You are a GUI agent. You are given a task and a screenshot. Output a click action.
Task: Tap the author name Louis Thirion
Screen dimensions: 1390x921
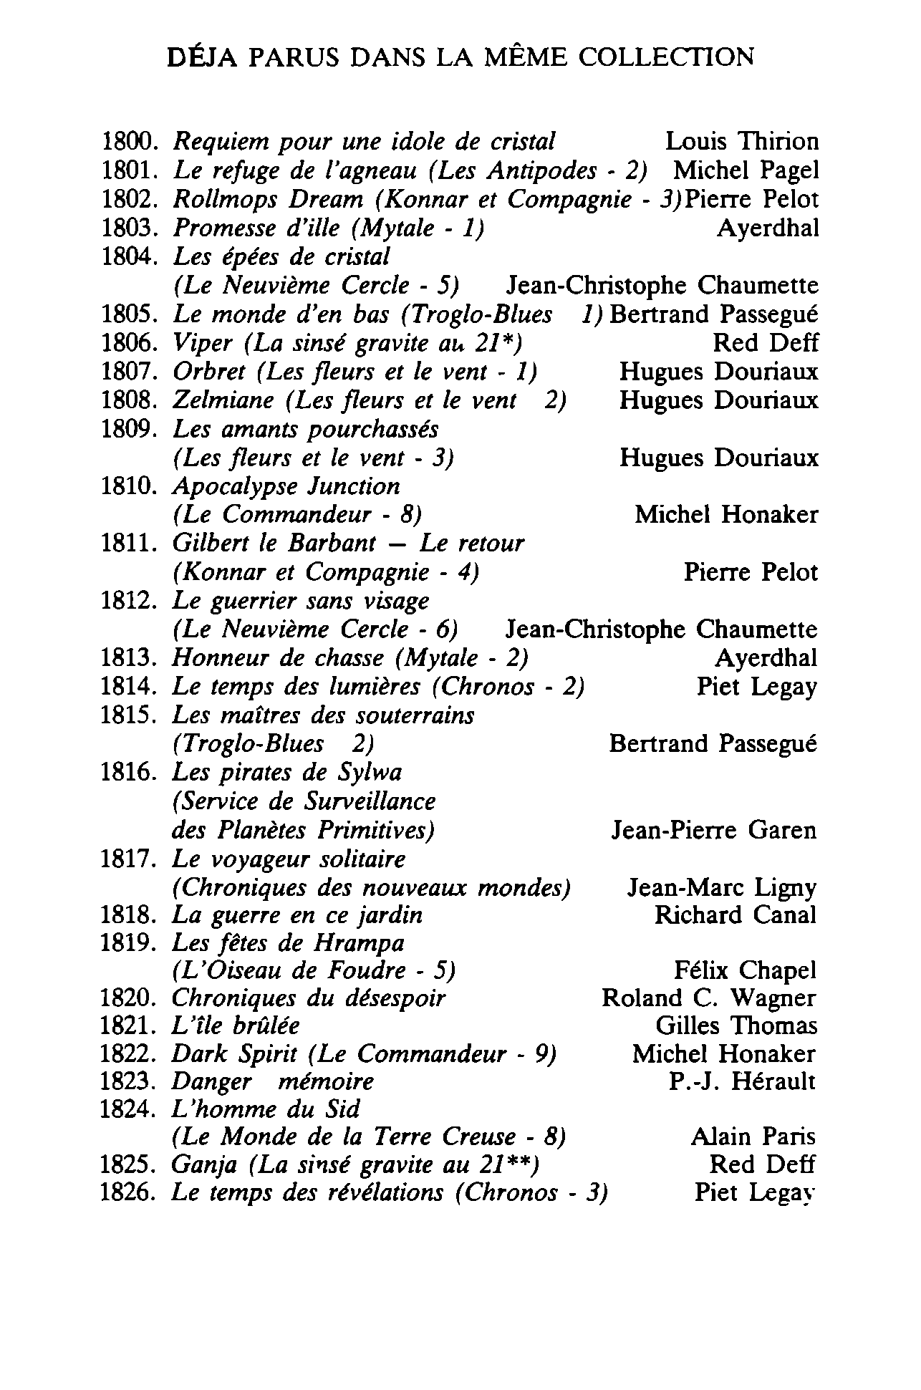(x=741, y=142)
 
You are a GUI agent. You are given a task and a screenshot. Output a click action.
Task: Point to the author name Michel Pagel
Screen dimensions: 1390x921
(x=746, y=170)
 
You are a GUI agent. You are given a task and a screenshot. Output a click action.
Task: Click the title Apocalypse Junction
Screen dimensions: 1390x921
(x=286, y=486)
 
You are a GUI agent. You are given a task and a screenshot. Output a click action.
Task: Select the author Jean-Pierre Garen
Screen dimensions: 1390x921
(x=713, y=830)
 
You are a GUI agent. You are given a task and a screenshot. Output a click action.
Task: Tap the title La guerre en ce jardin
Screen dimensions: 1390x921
(x=297, y=915)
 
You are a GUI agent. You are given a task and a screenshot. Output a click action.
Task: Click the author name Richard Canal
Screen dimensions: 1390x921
(x=735, y=915)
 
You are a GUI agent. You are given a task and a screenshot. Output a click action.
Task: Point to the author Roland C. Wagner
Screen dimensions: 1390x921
(x=708, y=998)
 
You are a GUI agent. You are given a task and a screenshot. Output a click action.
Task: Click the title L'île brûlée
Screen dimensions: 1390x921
(x=236, y=1026)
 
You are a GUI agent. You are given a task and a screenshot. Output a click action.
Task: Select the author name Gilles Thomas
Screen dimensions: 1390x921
(x=736, y=1026)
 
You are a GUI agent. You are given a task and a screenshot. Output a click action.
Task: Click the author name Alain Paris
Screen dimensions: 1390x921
(x=753, y=1137)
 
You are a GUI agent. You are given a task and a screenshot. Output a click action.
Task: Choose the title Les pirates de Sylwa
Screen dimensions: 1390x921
(x=287, y=773)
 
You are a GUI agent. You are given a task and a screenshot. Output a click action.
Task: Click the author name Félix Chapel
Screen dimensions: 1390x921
(x=745, y=971)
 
